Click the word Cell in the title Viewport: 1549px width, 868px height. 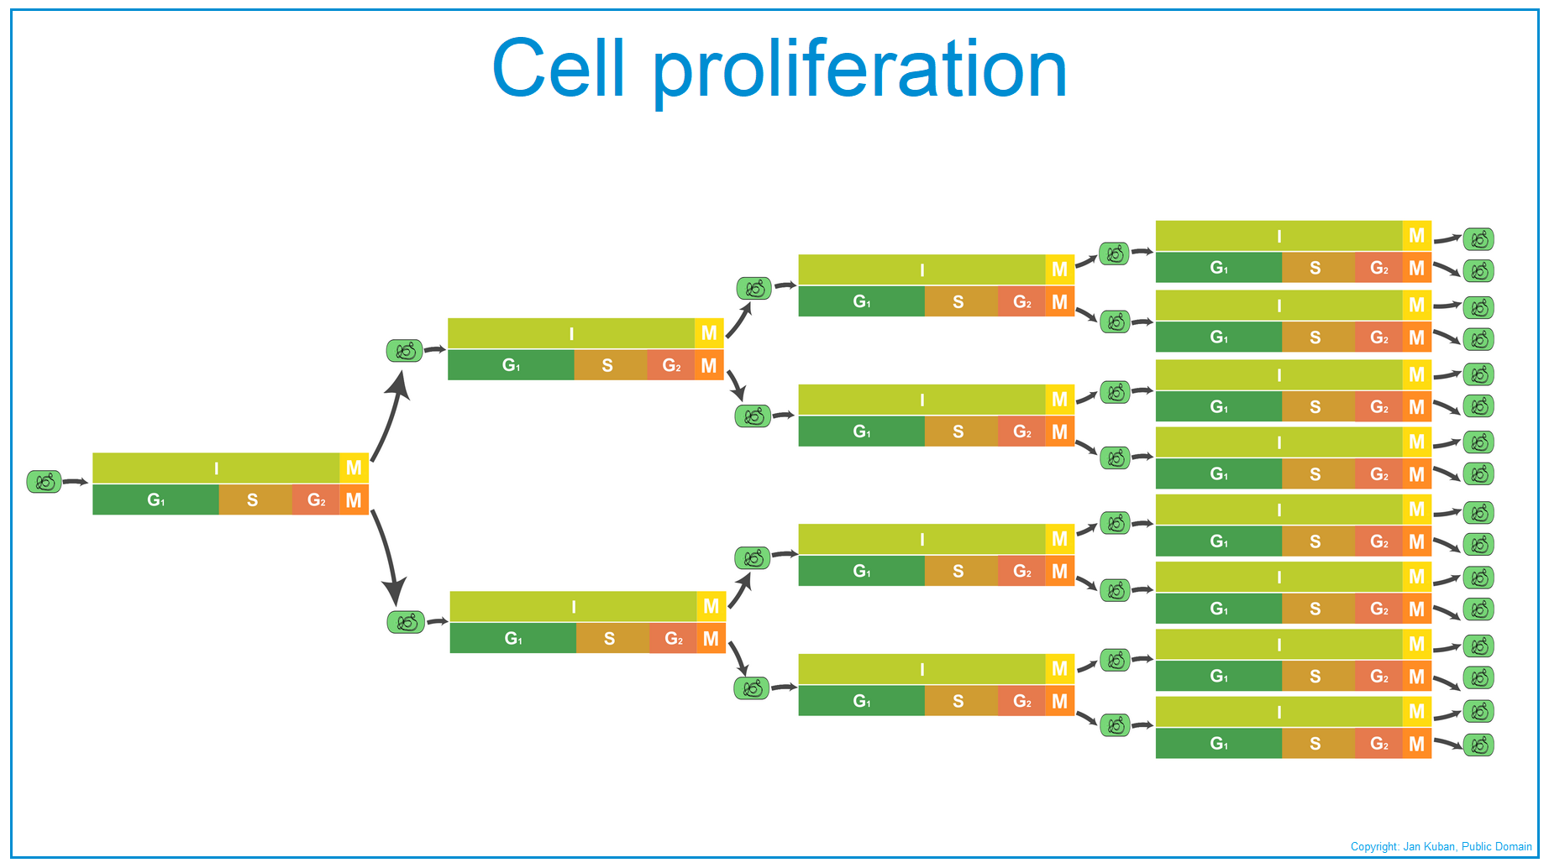coord(559,67)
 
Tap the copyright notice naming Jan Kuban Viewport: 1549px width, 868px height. coord(1441,846)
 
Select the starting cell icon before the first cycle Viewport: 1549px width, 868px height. coord(45,482)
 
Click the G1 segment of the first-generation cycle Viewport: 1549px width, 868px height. coord(156,500)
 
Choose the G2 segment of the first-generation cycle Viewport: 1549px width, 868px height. coord(316,500)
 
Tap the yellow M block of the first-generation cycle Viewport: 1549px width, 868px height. coord(354,468)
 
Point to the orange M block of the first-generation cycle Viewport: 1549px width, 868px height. coord(354,500)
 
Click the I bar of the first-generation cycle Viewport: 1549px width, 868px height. coord(216,468)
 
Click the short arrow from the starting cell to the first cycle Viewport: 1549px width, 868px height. coord(76,482)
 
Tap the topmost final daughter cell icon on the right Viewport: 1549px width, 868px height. coord(1478,239)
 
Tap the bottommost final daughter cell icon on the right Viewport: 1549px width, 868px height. coord(1478,745)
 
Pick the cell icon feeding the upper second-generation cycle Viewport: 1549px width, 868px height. coord(404,350)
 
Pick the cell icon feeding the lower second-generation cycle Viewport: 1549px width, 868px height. coord(406,622)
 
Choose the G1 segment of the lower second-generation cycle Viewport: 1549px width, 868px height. coord(513,638)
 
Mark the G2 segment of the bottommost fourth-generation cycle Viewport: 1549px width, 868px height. coord(1379,743)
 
